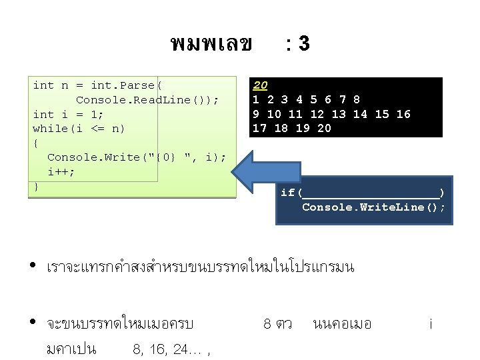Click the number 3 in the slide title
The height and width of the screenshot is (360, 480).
pyautogui.click(x=303, y=44)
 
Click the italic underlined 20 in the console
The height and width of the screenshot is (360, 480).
pyautogui.click(x=260, y=85)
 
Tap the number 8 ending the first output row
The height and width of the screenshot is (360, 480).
pyautogui.click(x=357, y=99)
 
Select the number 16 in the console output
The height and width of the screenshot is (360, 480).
pyautogui.click(x=403, y=114)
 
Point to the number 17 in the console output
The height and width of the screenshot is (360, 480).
pyautogui.click(x=260, y=128)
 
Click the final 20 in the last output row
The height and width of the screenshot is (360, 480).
pyautogui.click(x=324, y=128)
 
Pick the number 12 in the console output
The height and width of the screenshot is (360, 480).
pyautogui.click(x=317, y=114)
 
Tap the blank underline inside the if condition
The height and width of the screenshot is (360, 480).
pyautogui.click(x=371, y=193)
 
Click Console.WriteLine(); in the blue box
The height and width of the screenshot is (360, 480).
pyautogui.click(x=373, y=207)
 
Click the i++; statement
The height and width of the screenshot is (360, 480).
pyautogui.click(x=61, y=171)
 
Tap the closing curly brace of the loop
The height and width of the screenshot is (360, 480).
pyautogui.click(x=36, y=186)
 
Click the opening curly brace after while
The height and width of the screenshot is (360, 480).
pyautogui.click(x=36, y=143)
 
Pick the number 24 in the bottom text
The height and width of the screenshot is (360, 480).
pyautogui.click(x=179, y=348)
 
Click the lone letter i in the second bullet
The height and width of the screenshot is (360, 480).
pyautogui.click(x=431, y=325)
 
